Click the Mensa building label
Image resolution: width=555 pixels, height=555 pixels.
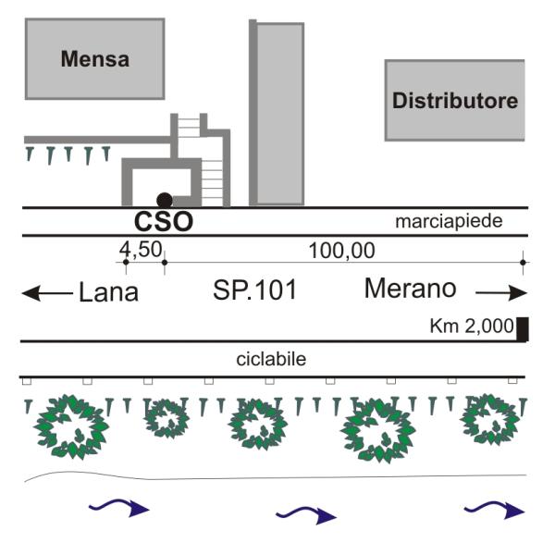[x=94, y=60]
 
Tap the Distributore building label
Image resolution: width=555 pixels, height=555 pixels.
[x=455, y=101]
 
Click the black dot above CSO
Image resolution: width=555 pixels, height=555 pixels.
[x=164, y=199]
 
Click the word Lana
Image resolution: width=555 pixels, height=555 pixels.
[x=107, y=293]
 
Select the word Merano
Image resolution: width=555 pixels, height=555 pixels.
[x=410, y=289]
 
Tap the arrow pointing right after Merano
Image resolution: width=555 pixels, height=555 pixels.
[x=499, y=291]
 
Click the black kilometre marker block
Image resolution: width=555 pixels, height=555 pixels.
[x=522, y=329]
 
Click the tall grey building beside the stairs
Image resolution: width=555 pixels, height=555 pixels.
[x=278, y=113]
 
